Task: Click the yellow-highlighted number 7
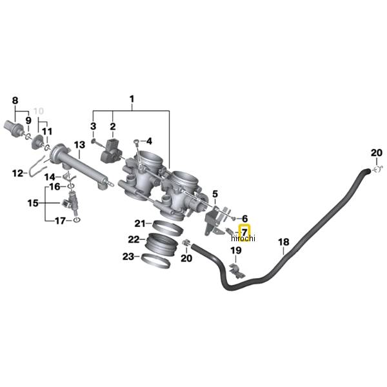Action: click(x=244, y=230)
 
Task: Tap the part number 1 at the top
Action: click(x=132, y=99)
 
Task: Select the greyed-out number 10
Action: click(x=40, y=110)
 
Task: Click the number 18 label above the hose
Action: click(x=283, y=243)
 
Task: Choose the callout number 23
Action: click(x=129, y=257)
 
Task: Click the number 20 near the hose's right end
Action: click(x=376, y=153)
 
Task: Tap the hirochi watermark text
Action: click(x=243, y=239)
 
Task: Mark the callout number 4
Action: click(x=148, y=141)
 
